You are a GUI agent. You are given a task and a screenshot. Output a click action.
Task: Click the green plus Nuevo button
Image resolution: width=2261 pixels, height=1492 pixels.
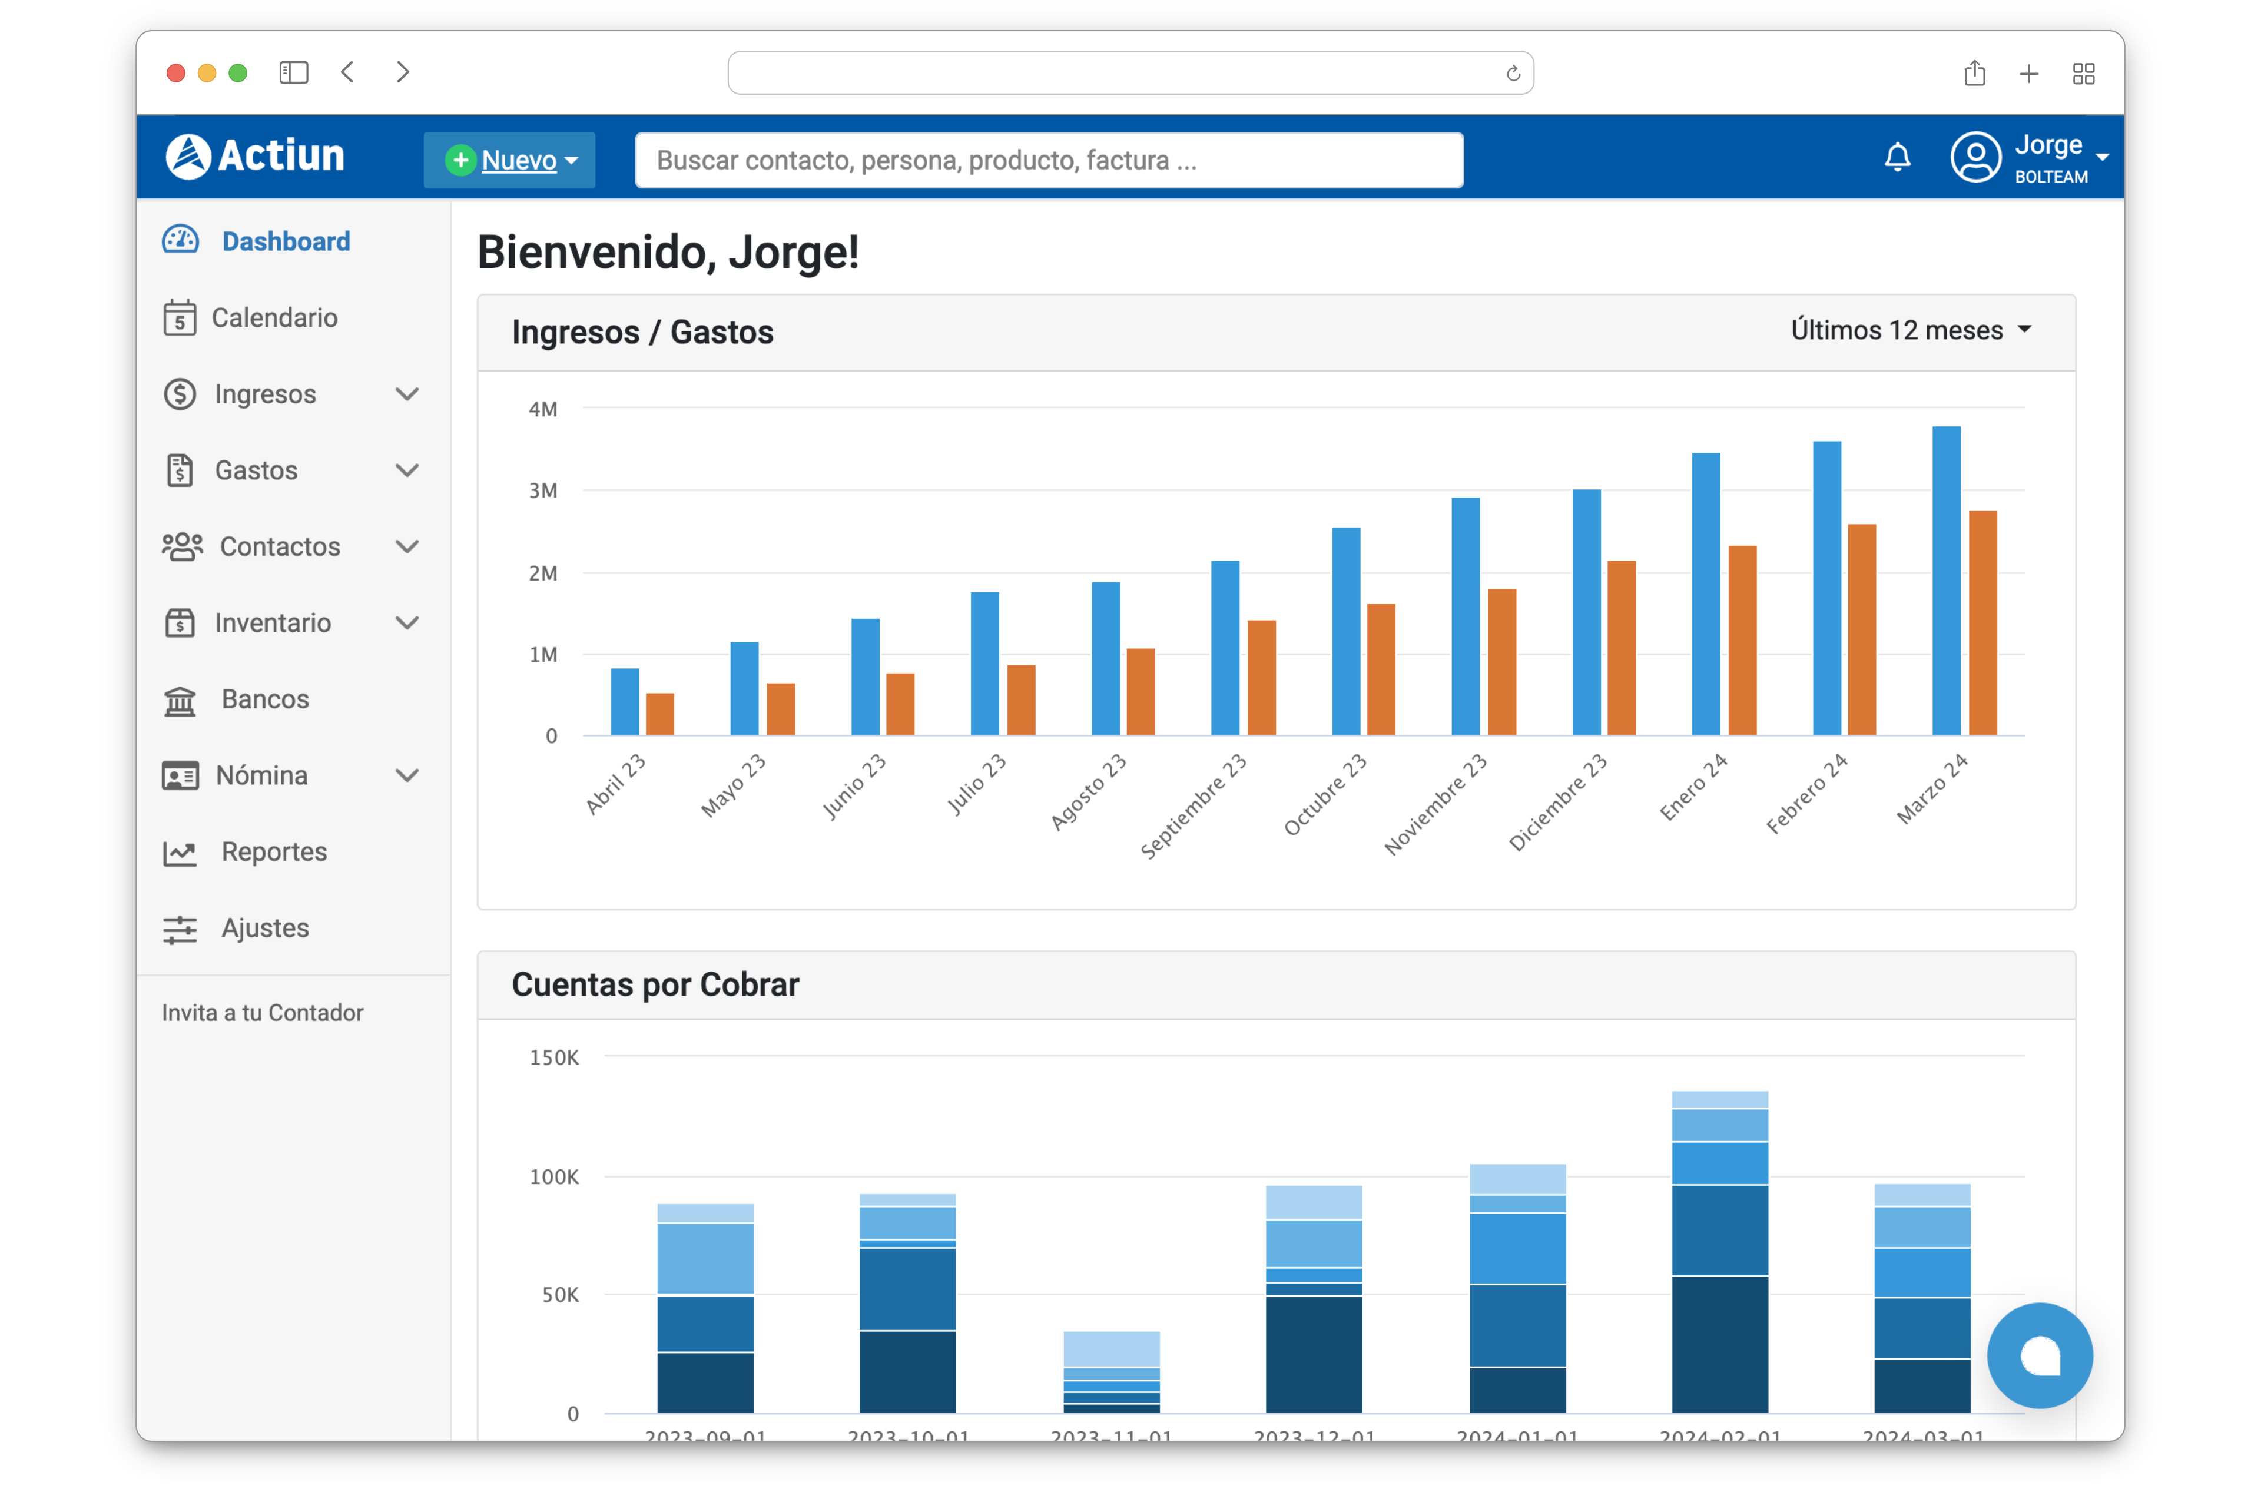509,160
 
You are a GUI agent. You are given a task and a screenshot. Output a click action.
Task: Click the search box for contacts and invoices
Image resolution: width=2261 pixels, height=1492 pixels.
1049,160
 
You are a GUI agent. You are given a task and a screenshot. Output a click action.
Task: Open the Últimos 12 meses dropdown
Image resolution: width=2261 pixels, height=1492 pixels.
1911,330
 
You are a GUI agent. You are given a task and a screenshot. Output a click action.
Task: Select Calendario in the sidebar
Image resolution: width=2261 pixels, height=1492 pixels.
274,318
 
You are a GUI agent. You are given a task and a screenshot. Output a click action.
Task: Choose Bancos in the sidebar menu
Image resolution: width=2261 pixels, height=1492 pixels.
264,699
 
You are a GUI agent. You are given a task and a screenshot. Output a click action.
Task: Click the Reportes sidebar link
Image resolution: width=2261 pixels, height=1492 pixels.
274,851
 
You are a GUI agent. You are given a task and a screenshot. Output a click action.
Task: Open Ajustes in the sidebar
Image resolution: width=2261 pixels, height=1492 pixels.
264,928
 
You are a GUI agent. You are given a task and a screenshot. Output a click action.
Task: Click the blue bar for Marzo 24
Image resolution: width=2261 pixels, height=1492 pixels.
1946,581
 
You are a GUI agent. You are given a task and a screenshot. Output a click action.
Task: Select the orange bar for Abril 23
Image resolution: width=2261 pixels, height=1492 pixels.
659,714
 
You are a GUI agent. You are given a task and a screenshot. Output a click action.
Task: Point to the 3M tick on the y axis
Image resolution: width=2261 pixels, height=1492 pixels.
543,491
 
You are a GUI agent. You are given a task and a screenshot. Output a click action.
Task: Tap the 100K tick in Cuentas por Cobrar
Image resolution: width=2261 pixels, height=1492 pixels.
554,1177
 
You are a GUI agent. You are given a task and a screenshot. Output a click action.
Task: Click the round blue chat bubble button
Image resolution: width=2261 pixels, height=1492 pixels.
2039,1355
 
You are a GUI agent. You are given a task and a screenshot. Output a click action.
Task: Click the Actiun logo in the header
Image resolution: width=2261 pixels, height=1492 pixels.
255,156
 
